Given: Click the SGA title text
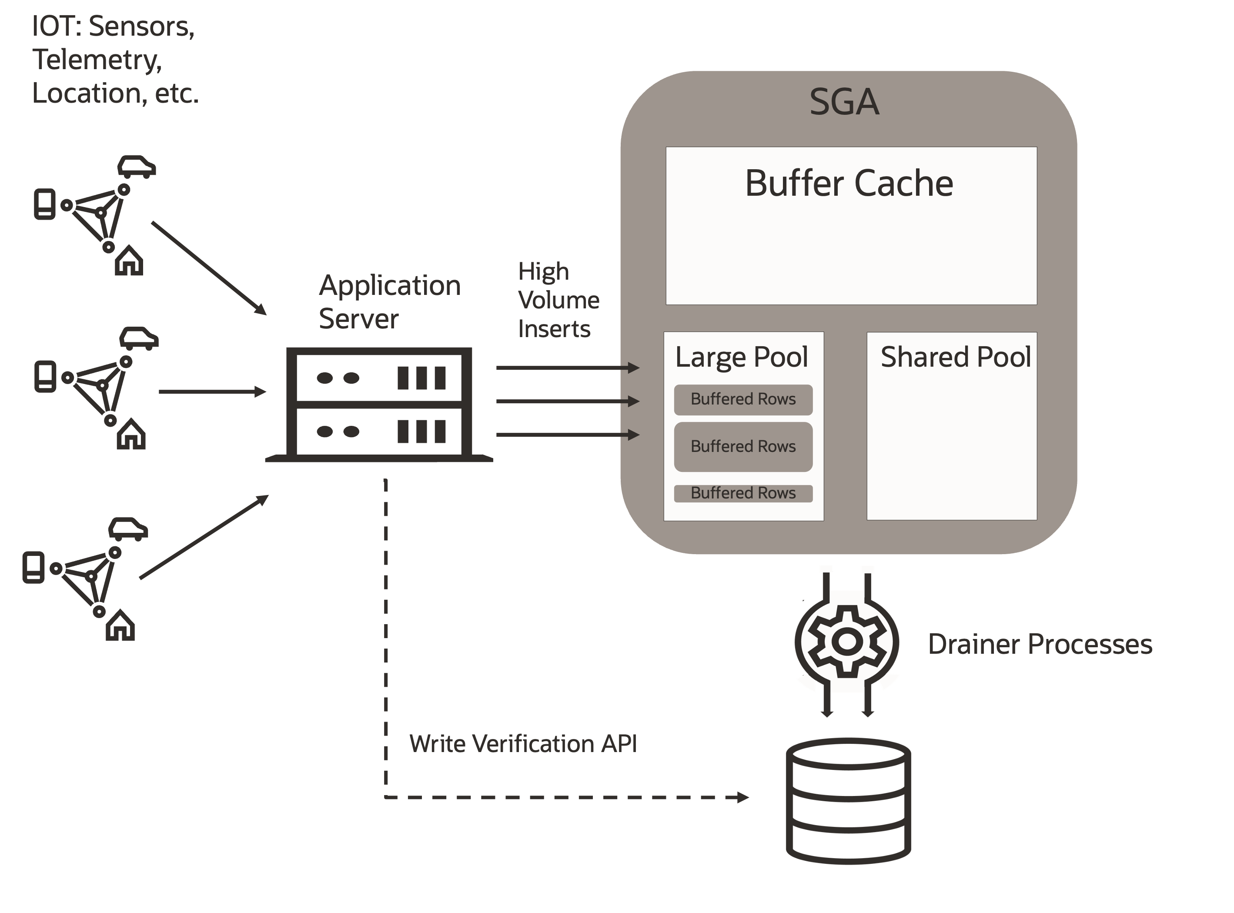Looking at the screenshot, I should pyautogui.click(x=844, y=102).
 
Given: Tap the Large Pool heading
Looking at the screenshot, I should pyautogui.click(x=742, y=357).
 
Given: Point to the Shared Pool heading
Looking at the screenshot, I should pyautogui.click(x=956, y=357).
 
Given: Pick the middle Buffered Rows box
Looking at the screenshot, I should pyautogui.click(x=743, y=447).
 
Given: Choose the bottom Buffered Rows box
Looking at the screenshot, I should pyautogui.click(x=743, y=493).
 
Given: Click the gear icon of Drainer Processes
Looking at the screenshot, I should pyautogui.click(x=846, y=642).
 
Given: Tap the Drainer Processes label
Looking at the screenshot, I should pyautogui.click(x=1040, y=644).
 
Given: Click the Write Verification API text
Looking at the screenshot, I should pyautogui.click(x=523, y=744).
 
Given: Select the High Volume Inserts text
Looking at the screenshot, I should pyautogui.click(x=558, y=300).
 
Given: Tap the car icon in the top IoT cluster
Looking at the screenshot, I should pyautogui.click(x=136, y=167).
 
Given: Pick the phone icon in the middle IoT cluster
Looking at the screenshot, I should pyautogui.click(x=45, y=376).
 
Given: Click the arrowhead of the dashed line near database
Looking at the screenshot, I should pyautogui.click(x=743, y=797).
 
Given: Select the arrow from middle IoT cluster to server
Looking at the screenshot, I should pyautogui.click(x=212, y=392).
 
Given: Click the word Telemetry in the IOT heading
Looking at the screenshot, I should pyautogui.click(x=97, y=60).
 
